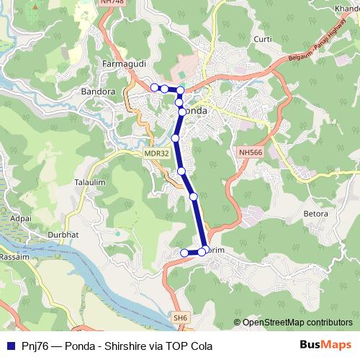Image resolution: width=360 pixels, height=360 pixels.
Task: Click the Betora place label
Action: [x=315, y=213]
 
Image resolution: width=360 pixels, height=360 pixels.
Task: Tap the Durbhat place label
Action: [x=63, y=235]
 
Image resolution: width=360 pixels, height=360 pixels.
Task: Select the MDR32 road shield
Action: [x=156, y=153]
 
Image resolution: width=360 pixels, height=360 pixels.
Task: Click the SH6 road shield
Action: [x=179, y=317]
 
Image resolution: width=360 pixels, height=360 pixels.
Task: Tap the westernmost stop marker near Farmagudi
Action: [x=154, y=87]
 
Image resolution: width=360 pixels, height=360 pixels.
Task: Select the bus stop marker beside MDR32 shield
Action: [x=175, y=138]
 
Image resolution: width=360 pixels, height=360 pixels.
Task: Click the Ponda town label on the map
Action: [x=196, y=111]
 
